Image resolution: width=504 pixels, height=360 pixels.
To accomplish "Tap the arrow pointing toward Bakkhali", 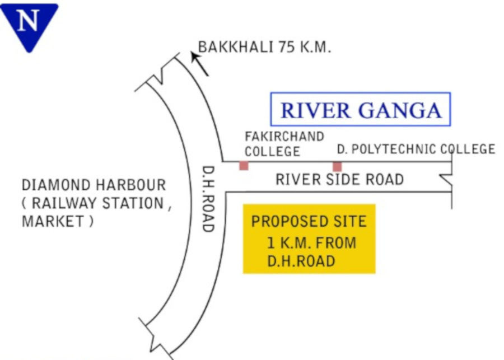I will point(200,63).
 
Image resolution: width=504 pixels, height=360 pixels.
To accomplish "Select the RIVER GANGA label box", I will point(360,109).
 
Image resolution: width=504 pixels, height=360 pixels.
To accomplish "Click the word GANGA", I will point(402,110).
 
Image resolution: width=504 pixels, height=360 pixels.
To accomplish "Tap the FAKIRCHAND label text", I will point(284,137).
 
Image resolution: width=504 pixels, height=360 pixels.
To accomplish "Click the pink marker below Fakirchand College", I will point(244,166).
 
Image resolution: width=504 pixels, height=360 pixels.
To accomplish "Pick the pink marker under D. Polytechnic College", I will point(337,166).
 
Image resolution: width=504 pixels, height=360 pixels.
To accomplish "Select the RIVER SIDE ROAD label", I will point(339,180).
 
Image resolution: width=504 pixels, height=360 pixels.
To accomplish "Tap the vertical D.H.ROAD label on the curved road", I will point(208,199).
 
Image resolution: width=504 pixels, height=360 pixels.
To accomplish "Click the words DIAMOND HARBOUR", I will point(94,185).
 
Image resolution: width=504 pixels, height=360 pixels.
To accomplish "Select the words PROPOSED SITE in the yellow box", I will point(309,221).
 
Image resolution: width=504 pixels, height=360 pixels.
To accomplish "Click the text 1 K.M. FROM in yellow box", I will point(311,243).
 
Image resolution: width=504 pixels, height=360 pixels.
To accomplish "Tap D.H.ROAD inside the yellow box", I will point(301,261).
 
